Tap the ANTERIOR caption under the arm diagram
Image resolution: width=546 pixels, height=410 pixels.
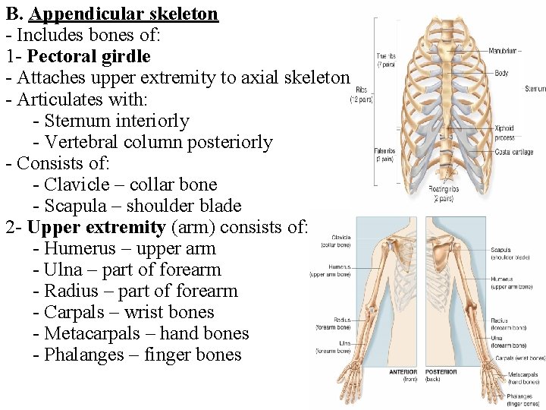coord(403,372)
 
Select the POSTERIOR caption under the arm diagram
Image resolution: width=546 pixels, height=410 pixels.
coord(441,372)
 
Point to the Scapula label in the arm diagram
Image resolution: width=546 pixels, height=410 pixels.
coord(500,250)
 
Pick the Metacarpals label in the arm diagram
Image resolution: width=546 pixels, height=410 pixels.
coord(523,374)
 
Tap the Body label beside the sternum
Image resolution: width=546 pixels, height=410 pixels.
coord(501,74)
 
